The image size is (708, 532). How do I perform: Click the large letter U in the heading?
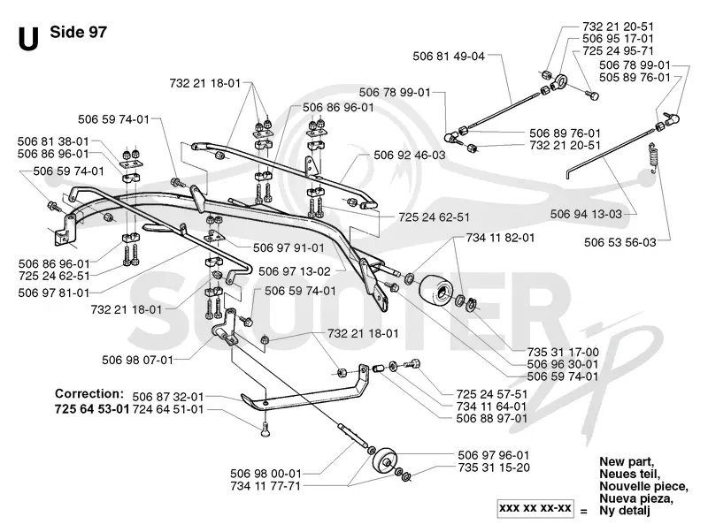click(x=28, y=38)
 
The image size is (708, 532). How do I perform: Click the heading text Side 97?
click(x=79, y=32)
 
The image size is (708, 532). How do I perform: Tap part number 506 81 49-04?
click(x=449, y=57)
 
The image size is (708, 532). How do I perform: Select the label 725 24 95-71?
click(x=618, y=51)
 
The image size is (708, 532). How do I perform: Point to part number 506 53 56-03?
click(x=620, y=242)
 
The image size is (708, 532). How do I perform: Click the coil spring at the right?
click(x=652, y=157)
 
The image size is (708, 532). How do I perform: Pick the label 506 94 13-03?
click(x=586, y=214)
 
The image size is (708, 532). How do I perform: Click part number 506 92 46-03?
click(x=410, y=155)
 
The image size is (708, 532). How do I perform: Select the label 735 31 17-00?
click(x=563, y=352)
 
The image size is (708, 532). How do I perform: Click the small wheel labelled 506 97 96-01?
click(x=385, y=460)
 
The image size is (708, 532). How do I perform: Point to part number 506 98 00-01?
click(x=265, y=474)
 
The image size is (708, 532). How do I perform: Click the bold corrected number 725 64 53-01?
click(x=92, y=409)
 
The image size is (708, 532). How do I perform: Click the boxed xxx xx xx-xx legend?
click(x=535, y=508)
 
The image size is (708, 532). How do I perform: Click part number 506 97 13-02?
click(x=295, y=271)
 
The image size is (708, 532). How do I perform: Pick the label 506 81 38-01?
click(x=53, y=141)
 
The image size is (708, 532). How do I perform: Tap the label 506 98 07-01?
click(x=138, y=360)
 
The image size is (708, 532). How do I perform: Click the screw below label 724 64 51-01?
click(x=265, y=429)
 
